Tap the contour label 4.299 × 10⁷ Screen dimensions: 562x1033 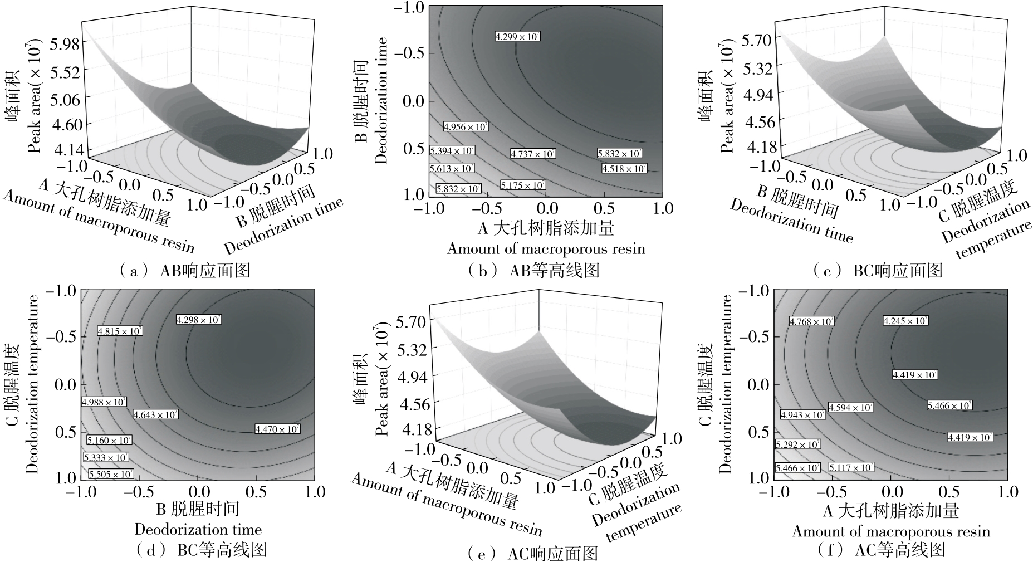(x=518, y=37)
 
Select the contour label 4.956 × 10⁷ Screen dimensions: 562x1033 (x=466, y=127)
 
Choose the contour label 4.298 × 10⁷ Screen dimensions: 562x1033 (x=199, y=320)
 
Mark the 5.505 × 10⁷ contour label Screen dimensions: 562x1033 (x=111, y=474)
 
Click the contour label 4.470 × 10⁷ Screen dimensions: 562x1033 (x=277, y=429)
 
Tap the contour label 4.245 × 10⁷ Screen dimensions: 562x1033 (x=905, y=321)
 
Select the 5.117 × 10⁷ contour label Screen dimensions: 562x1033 (x=851, y=467)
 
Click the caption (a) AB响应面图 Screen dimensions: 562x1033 (x=184, y=271)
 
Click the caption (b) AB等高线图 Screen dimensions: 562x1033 (x=534, y=271)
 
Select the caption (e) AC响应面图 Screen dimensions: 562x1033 (x=533, y=554)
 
